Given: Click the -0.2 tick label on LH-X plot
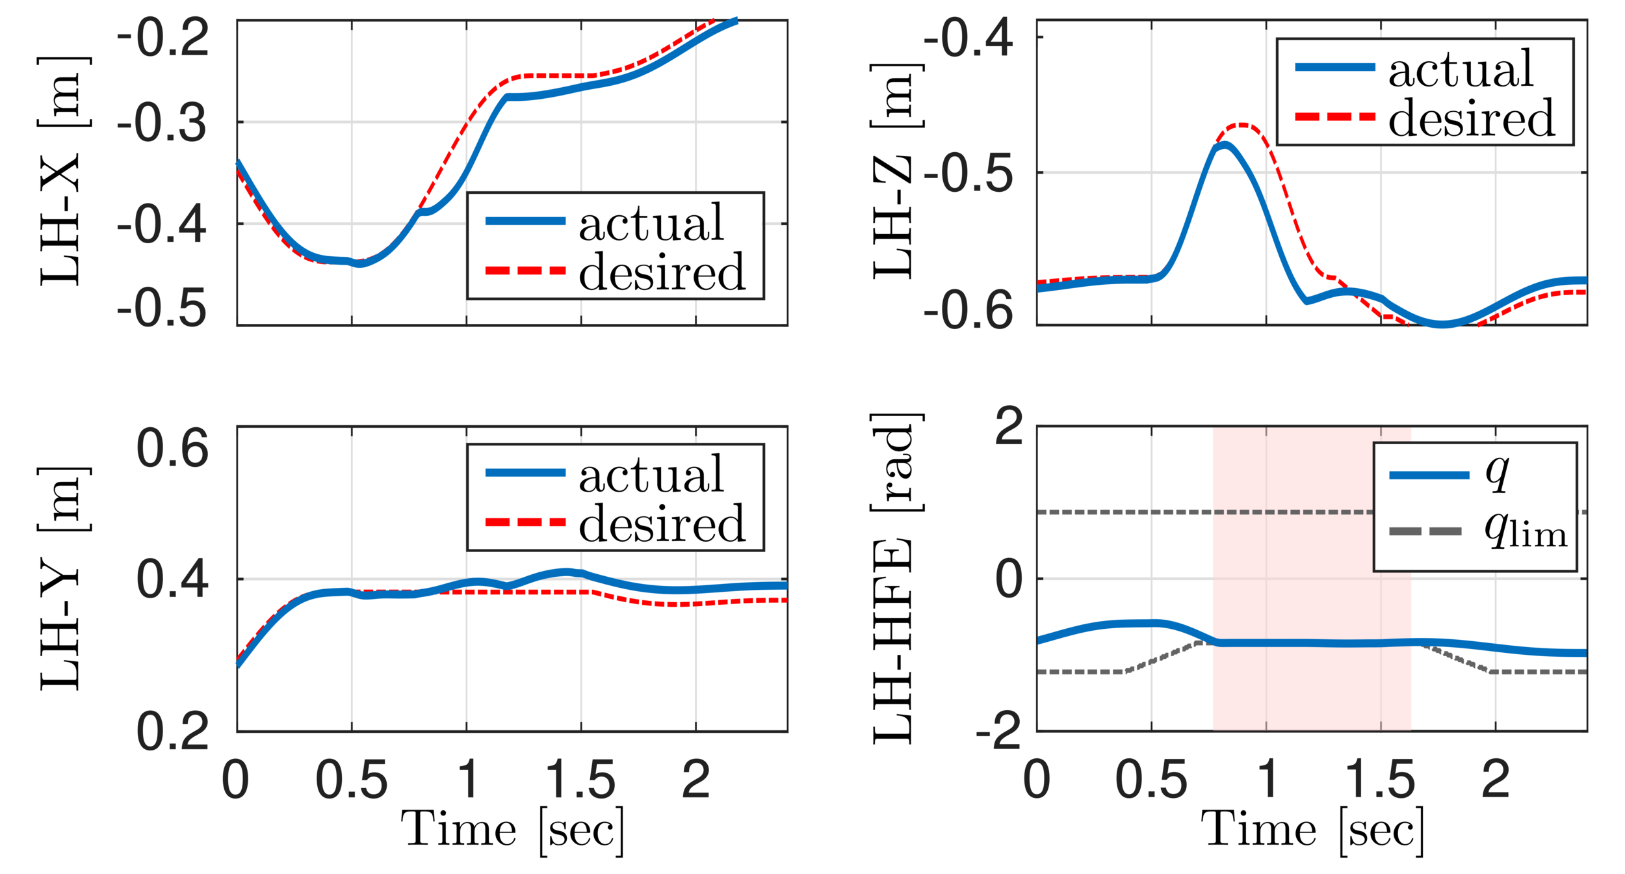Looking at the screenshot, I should coord(162,37).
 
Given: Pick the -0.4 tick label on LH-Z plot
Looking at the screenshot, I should coord(968,38).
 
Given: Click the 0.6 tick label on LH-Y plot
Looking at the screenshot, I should coord(172,448).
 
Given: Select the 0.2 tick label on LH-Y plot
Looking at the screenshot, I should coord(172,732).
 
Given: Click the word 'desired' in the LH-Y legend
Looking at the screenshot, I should coord(662,523).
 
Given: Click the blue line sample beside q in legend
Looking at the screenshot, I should coord(1429,475).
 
